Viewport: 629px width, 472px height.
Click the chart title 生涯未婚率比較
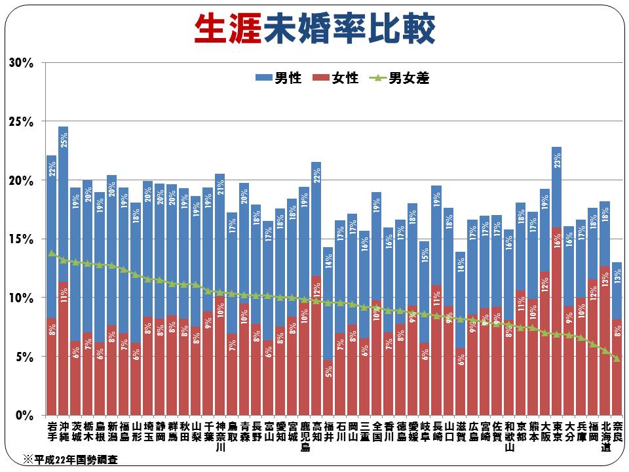coord(314,29)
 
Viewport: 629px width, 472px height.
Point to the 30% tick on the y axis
coord(21,63)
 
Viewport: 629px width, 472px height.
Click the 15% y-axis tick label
coord(21,239)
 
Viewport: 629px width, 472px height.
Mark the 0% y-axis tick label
coord(24,416)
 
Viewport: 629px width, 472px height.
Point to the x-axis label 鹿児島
coord(304,436)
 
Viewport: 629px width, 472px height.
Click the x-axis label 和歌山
coord(509,436)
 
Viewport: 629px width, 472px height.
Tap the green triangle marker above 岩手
coord(52,253)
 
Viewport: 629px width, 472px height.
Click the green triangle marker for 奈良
coord(617,358)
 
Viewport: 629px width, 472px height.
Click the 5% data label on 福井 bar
coord(328,371)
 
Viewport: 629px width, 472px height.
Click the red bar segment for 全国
coord(376,367)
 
